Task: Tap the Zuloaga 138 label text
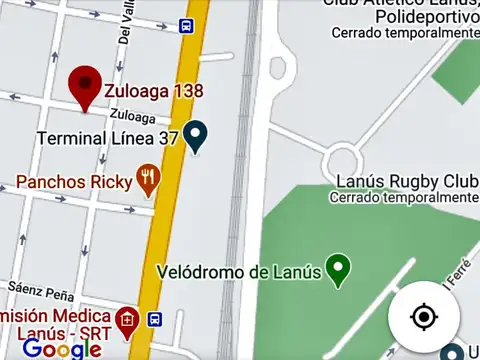[x=154, y=91]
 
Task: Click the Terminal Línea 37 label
[x=107, y=138]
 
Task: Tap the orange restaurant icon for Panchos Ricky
[x=149, y=180]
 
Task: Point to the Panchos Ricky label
[x=74, y=182]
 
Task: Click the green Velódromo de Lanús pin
[x=340, y=269]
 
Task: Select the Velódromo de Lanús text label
[x=239, y=272]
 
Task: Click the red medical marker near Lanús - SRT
[x=126, y=321]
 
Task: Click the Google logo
[x=62, y=348]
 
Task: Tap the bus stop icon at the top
[x=187, y=25]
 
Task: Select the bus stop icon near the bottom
[x=155, y=319]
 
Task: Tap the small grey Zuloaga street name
[x=133, y=116]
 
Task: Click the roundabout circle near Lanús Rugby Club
[x=343, y=157]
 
